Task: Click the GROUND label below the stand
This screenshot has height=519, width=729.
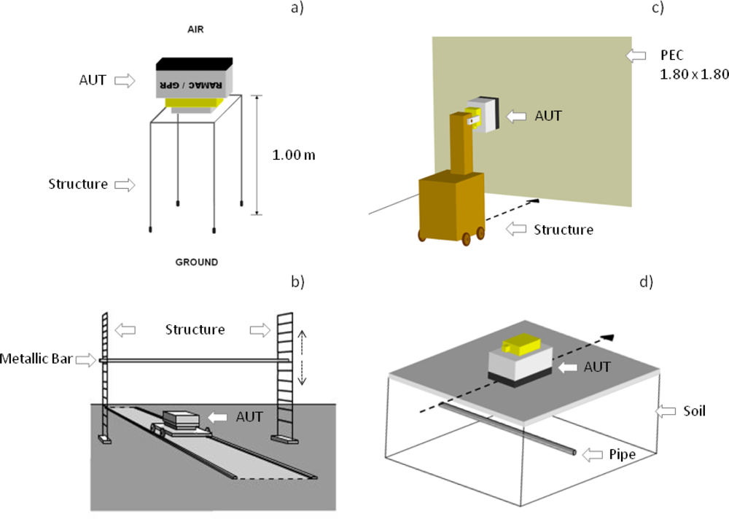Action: click(196, 261)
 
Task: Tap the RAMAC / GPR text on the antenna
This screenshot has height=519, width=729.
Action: click(192, 84)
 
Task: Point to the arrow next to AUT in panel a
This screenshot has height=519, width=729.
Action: click(125, 80)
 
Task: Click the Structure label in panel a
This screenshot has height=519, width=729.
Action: click(78, 184)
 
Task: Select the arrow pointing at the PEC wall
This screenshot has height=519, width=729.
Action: click(636, 55)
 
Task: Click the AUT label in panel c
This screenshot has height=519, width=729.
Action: click(547, 115)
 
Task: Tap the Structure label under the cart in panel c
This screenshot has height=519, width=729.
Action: click(563, 229)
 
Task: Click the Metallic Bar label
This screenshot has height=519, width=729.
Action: click(35, 359)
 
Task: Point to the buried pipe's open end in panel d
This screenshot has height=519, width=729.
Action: click(575, 453)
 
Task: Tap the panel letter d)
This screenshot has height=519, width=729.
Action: click(646, 281)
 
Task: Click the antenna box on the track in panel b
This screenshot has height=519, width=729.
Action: click(181, 419)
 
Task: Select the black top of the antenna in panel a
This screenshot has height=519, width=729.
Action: click(194, 64)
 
